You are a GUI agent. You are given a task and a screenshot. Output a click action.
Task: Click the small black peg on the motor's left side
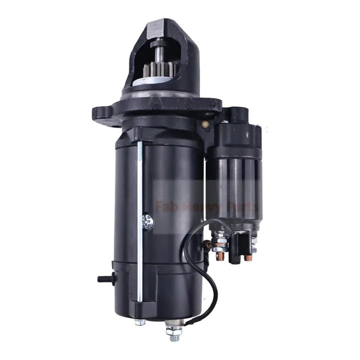click(103, 277)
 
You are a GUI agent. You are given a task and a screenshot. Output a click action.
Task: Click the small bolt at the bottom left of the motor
click(139, 322)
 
